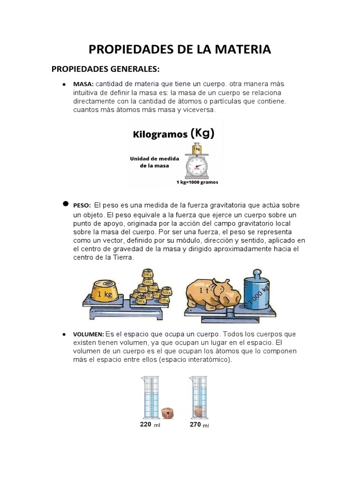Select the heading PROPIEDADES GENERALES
click(x=105, y=69)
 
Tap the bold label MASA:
click(x=83, y=84)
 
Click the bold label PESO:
click(x=82, y=205)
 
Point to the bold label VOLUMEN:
click(x=89, y=335)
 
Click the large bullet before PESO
click(x=65, y=205)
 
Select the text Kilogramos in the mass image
click(x=160, y=135)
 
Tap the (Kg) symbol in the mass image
click(x=202, y=134)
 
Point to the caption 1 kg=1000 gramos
click(x=197, y=182)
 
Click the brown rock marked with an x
click(x=167, y=413)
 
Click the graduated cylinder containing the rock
click(x=198, y=396)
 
